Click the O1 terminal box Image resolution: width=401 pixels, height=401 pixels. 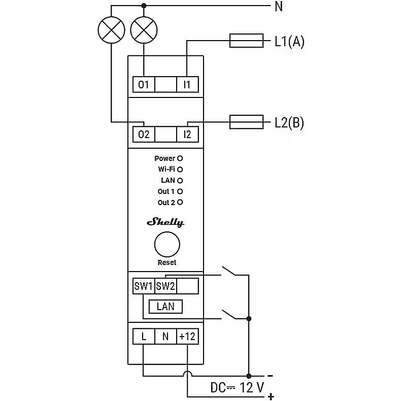(144, 84)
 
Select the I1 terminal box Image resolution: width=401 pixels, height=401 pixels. (187, 84)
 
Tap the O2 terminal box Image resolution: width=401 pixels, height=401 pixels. (144, 135)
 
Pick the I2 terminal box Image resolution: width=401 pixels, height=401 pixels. (187, 135)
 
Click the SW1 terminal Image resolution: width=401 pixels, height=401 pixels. (143, 286)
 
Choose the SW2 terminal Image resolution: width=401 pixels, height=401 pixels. (165, 286)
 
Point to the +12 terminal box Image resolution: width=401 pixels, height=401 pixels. (187, 336)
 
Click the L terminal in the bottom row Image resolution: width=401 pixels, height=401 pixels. (144, 336)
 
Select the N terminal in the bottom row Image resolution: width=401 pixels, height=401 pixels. (165, 336)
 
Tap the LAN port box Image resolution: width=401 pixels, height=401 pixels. (165, 307)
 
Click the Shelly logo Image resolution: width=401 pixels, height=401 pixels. (165, 222)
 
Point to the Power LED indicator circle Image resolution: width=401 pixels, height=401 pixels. (180, 158)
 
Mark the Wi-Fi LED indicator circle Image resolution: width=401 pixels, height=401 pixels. (180, 169)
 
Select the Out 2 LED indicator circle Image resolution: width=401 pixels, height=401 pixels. (180, 202)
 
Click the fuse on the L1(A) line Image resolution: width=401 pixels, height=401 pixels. (247, 41)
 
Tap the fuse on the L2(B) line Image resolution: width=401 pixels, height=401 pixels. (247, 122)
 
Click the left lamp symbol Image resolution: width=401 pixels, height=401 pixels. (111, 30)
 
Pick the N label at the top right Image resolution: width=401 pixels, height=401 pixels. (278, 7)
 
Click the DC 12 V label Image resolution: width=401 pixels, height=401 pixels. (238, 388)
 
